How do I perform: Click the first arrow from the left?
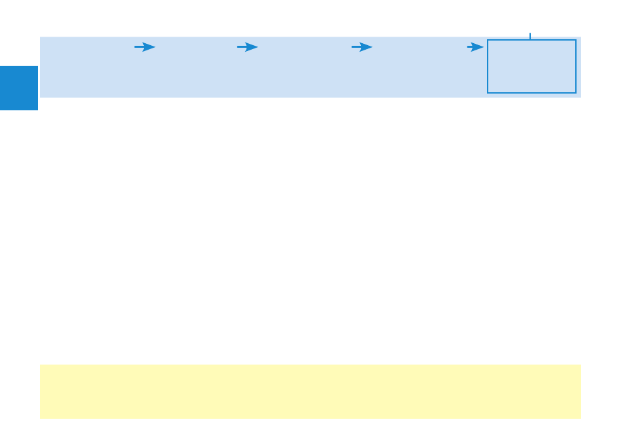coord(144,47)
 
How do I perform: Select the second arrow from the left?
coord(247,47)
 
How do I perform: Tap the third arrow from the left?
coord(361,47)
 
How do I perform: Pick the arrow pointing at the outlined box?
coord(475,47)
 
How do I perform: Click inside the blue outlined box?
coord(531,67)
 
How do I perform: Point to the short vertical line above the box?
coord(530,36)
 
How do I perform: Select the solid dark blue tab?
coord(19,88)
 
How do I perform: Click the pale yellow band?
coord(310,391)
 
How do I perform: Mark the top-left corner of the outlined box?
coord(488,40)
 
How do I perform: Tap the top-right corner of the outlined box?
coord(576,40)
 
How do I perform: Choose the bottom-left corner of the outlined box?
coord(488,93)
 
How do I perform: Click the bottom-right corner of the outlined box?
coord(576,93)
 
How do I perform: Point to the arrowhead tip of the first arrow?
coord(155,47)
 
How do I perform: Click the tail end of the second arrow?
coord(237,47)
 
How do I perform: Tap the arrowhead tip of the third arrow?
coord(372,47)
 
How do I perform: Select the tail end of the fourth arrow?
coord(467,47)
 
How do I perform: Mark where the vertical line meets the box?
coord(530,40)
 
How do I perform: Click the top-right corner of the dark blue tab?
coord(38,66)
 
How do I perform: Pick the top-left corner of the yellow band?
coord(41,365)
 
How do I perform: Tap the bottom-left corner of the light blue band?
coord(41,97)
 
